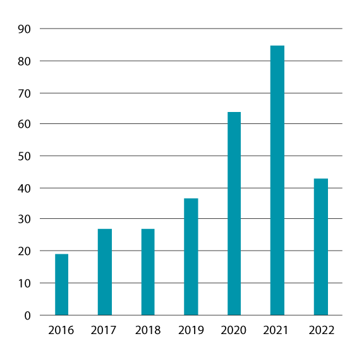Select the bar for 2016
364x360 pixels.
61,284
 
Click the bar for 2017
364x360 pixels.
105,271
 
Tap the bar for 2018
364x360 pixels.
148,271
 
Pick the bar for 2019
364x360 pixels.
191,256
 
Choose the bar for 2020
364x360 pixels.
234,213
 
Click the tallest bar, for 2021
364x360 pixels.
277,180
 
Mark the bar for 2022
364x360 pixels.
321,247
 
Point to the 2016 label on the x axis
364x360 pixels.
61,330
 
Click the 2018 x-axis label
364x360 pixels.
148,330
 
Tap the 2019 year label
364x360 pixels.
191,330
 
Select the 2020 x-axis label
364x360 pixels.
234,330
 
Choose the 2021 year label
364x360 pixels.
277,330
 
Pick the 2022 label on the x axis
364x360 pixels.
321,330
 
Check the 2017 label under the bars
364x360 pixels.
105,330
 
